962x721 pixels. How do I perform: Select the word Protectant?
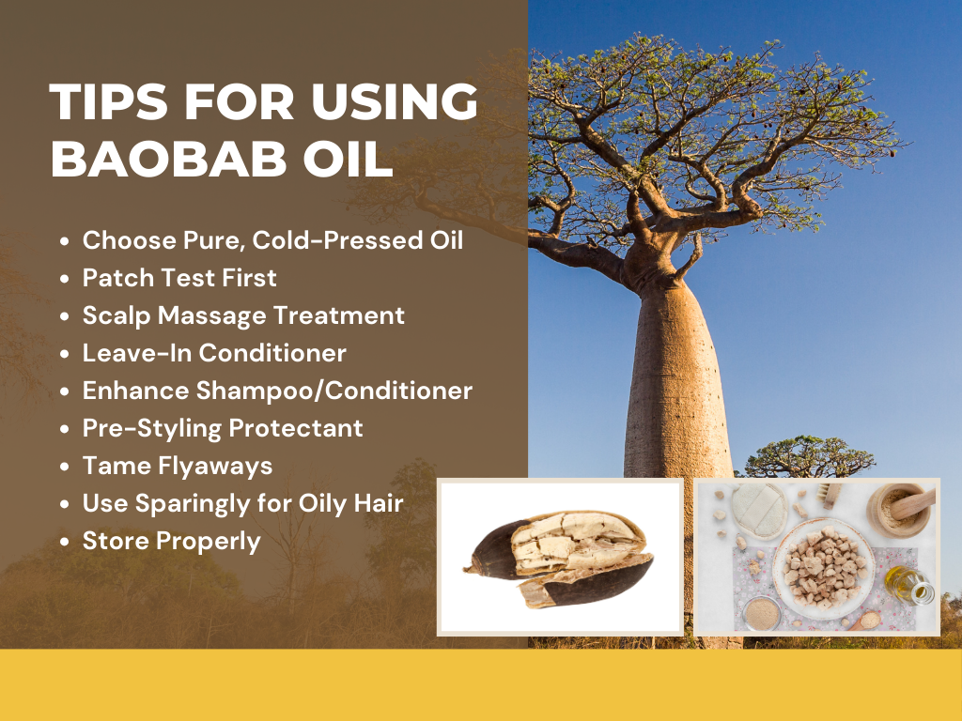pos(297,428)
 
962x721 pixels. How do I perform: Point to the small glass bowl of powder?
pos(762,613)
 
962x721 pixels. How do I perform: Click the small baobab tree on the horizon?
pos(809,457)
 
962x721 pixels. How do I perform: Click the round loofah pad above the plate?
pos(758,509)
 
